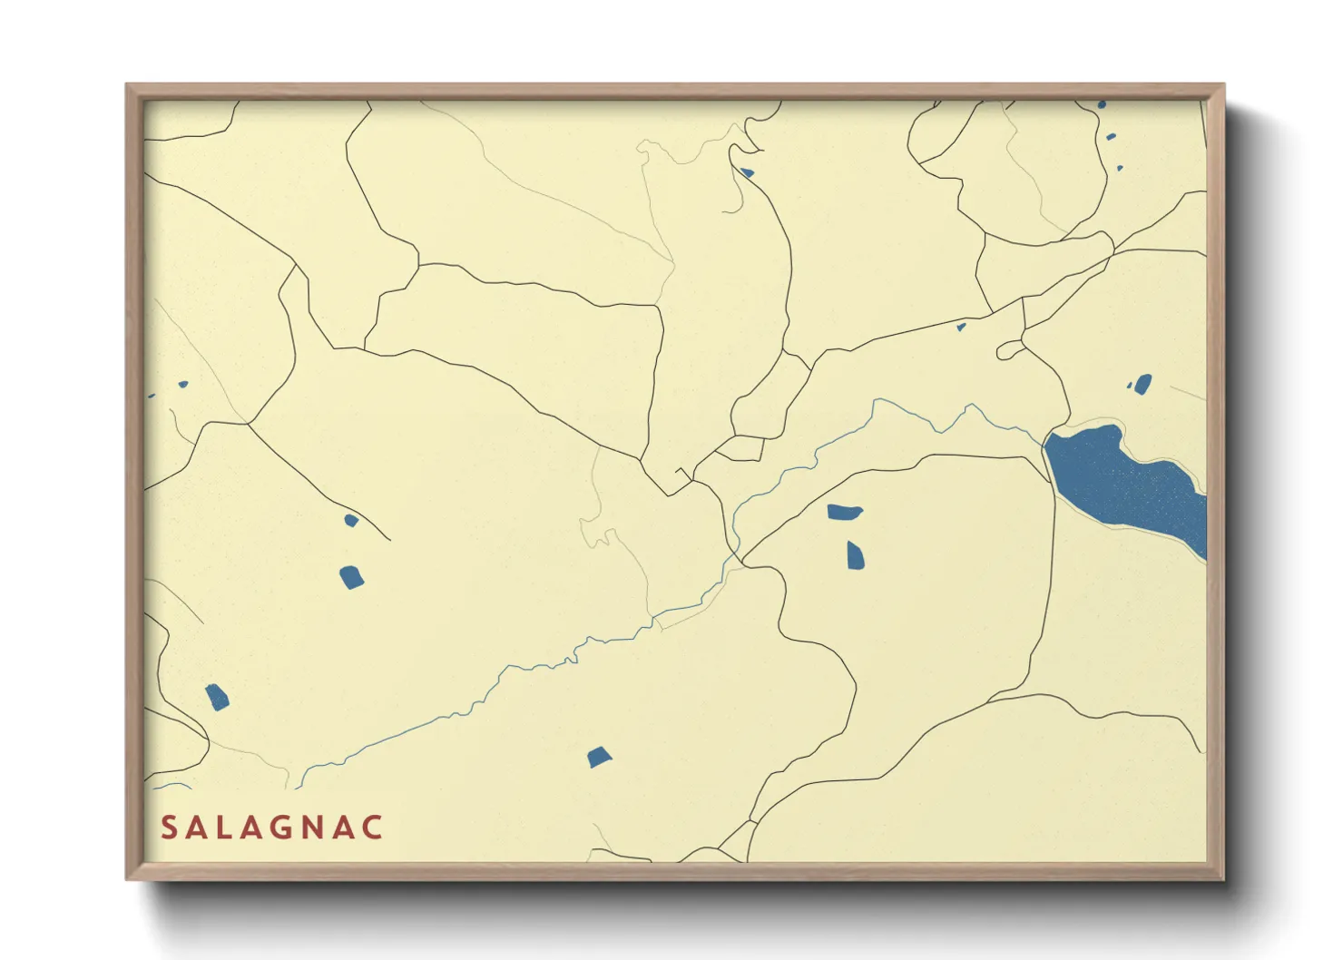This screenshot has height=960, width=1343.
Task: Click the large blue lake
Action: pos(1121,481)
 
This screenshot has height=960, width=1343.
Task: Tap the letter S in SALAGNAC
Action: pos(168,828)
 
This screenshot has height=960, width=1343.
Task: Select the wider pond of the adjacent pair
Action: pos(844,513)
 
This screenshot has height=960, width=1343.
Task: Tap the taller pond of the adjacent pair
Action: pos(855,554)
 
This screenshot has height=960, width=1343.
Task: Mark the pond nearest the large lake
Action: pos(1142,384)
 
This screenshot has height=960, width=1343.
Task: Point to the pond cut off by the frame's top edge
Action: pos(1102,105)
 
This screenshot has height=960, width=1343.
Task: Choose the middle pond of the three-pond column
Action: pos(1111,137)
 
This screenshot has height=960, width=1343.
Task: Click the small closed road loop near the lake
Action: pos(1009,350)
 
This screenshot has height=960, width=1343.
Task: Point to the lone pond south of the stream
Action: pos(599,757)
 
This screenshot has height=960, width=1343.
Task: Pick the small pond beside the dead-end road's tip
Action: pos(351,520)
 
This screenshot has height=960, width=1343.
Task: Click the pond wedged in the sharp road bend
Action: pos(747,172)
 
